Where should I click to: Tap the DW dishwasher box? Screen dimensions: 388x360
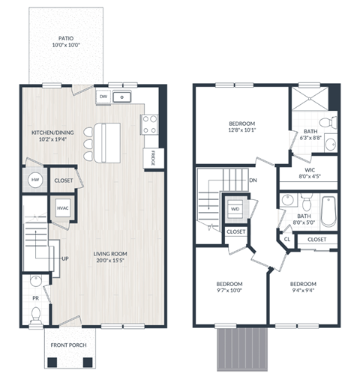[104, 96]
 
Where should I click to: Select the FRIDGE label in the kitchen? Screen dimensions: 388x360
[152, 159]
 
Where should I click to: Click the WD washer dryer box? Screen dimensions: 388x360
[235, 209]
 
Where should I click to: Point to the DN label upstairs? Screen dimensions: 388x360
[254, 180]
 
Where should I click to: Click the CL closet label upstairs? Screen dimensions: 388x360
[286, 240]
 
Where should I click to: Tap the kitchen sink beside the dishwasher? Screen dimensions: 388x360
[125, 96]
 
